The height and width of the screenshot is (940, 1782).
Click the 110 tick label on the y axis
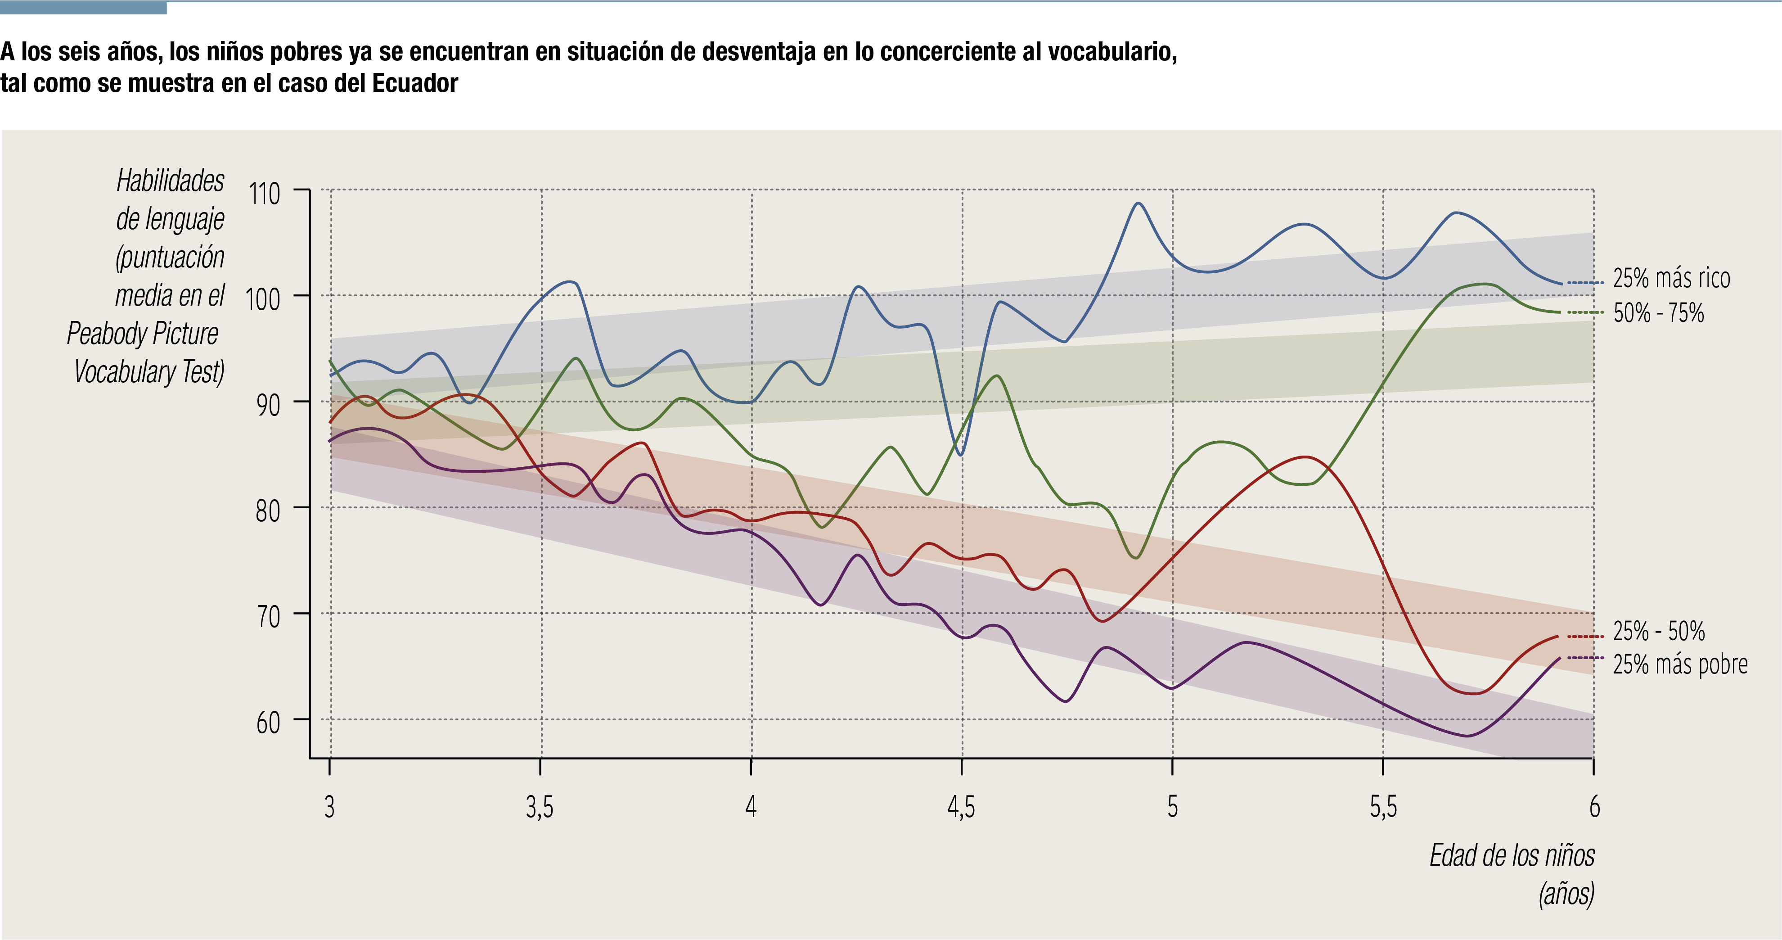coord(264,194)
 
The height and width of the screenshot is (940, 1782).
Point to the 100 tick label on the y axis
coord(263,300)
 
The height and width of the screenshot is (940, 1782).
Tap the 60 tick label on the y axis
coord(268,723)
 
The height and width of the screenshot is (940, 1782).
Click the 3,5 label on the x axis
coord(540,807)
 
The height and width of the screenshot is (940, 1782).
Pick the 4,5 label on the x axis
coord(961,807)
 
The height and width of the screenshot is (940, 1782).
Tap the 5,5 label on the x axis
coord(1383,807)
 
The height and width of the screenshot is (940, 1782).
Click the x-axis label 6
coord(1594,807)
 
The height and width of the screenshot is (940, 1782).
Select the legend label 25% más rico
coord(1671,278)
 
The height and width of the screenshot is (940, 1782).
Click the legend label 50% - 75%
coord(1658,313)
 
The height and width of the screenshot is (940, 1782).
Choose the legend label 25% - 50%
coord(1658,631)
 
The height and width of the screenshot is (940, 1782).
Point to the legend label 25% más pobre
coord(1679,664)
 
